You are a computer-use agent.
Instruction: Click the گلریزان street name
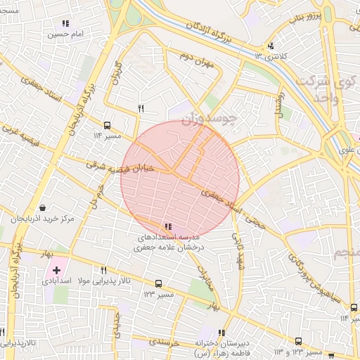click(x=117, y=73)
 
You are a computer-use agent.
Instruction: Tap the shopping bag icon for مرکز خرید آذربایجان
click(x=44, y=208)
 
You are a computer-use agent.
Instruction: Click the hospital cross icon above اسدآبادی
click(x=57, y=270)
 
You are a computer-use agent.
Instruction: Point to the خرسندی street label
click(x=165, y=342)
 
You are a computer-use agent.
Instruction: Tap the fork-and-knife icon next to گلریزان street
click(x=141, y=108)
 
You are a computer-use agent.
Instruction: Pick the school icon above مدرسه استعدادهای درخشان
click(x=167, y=226)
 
